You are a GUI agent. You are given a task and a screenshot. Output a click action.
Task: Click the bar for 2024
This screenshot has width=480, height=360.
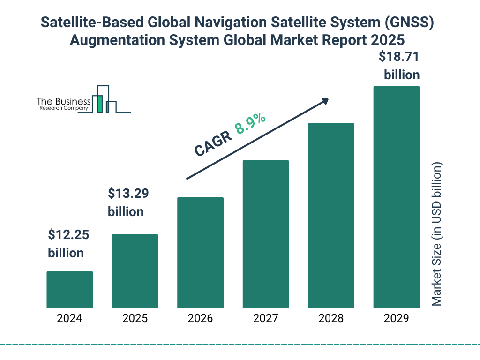tap(69, 290)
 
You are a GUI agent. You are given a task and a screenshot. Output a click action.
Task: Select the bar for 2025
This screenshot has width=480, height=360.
tap(135, 271)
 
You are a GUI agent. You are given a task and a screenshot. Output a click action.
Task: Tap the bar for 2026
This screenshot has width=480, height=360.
tap(200, 253)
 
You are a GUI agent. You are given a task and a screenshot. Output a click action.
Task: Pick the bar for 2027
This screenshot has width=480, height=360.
tap(265, 234)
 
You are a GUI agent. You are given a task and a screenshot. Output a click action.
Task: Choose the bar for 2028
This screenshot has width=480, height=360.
tap(331, 216)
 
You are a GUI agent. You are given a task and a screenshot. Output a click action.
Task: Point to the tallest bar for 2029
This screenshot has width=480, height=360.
tap(396, 197)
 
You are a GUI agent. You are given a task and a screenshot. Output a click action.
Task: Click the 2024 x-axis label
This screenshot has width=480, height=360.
tap(69, 319)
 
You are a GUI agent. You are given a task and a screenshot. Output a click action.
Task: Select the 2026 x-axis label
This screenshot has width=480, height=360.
tap(200, 319)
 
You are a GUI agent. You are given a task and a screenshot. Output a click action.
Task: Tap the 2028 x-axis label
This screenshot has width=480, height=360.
tap(331, 319)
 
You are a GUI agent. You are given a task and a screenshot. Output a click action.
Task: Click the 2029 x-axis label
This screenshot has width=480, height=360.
tap(396, 319)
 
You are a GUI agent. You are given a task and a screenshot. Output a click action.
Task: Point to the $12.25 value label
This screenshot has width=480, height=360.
tap(69, 234)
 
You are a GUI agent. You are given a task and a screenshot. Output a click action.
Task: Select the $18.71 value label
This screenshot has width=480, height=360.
tap(399, 57)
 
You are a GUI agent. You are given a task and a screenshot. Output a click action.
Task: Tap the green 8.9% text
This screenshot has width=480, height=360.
tap(250, 123)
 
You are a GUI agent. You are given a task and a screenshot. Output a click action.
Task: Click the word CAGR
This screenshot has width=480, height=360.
tap(213, 143)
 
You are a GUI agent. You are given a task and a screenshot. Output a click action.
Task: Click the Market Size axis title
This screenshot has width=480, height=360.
tap(437, 234)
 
